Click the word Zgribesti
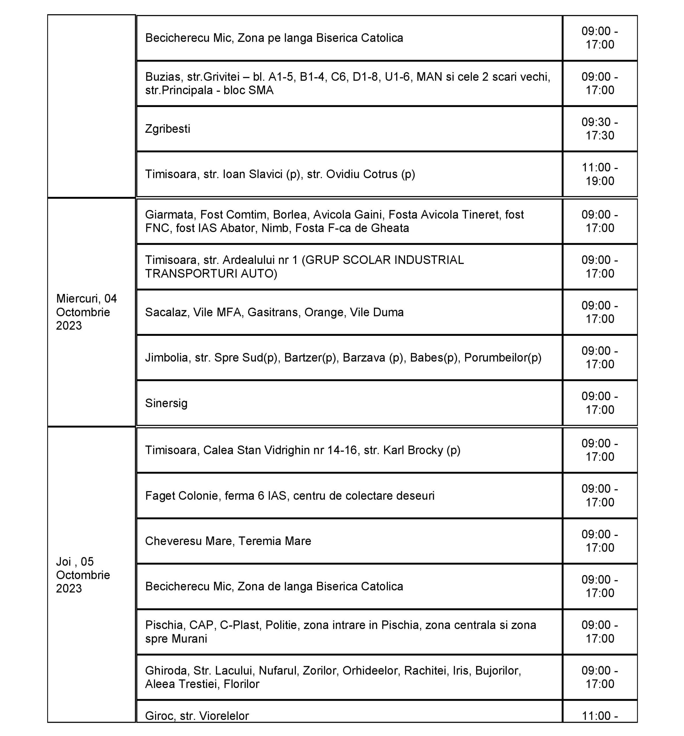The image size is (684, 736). (x=167, y=129)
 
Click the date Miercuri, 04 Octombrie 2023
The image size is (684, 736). (x=86, y=312)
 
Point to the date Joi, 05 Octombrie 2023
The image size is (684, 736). (x=83, y=575)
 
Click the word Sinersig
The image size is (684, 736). (x=166, y=403)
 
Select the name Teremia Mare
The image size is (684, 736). (x=275, y=541)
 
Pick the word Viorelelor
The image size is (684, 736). (x=224, y=716)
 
